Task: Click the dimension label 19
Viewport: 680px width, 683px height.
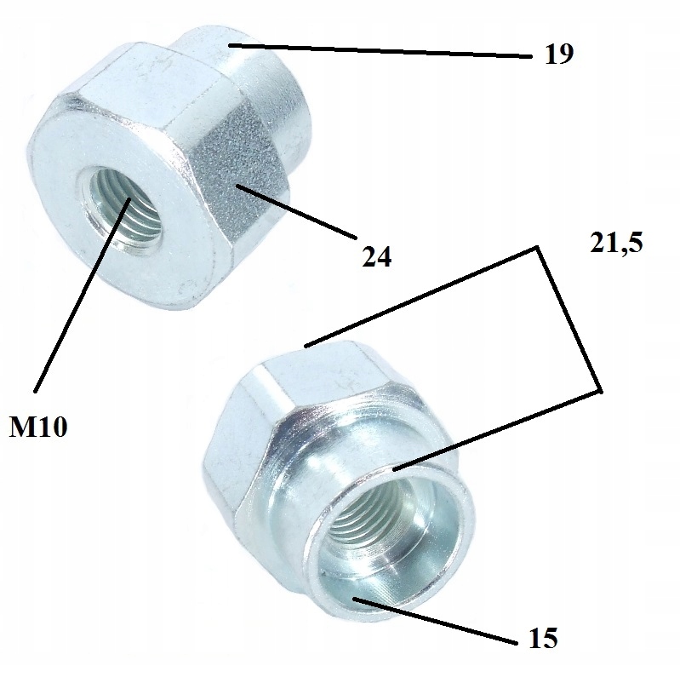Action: pyautogui.click(x=559, y=55)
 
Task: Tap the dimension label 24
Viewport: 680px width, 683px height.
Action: pyautogui.click(x=375, y=256)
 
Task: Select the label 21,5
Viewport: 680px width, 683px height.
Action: pyautogui.click(x=614, y=244)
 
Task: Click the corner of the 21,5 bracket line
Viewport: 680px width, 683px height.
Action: pyautogui.click(x=538, y=248)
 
